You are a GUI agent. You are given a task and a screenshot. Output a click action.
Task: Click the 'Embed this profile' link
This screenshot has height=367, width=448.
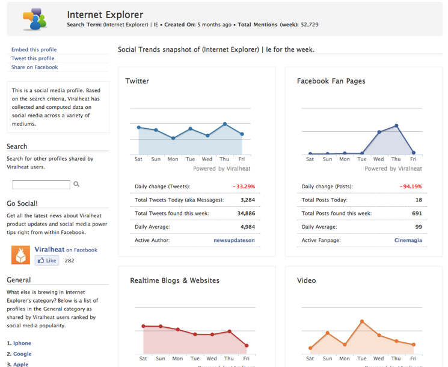coord(34,49)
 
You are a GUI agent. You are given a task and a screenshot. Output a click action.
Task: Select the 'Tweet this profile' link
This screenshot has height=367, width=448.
coord(33,58)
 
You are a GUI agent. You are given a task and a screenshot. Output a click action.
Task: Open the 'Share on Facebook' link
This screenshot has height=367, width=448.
coord(34,67)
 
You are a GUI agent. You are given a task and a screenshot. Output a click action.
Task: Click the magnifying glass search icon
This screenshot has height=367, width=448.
coord(76,184)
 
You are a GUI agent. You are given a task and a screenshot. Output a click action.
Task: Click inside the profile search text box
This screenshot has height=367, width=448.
coord(41,185)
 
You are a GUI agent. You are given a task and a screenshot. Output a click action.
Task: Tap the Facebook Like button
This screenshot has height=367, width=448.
coord(47,261)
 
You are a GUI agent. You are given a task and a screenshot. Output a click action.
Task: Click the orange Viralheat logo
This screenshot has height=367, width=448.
coord(20,255)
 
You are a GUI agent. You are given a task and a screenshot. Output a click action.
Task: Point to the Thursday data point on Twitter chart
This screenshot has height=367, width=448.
coord(225,124)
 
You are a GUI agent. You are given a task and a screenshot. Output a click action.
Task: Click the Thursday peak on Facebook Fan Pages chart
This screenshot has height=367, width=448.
coord(396,126)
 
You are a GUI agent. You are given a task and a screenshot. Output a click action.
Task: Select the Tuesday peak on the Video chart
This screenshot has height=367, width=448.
coord(362,321)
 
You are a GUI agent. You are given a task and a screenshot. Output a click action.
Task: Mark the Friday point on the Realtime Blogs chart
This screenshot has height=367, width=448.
coord(247,345)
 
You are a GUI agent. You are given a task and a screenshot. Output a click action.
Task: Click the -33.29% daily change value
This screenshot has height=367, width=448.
coord(244,187)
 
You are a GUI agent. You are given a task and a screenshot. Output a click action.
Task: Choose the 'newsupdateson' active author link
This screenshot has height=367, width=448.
coord(235,240)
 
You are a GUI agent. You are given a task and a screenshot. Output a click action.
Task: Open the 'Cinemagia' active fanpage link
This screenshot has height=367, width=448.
coord(408,240)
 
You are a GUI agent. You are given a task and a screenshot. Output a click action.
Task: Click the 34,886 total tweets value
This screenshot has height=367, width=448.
coord(246,213)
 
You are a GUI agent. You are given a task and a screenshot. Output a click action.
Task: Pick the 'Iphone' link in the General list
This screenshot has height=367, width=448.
coord(22,343)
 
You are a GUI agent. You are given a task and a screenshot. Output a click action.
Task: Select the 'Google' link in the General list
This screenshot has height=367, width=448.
coord(22,354)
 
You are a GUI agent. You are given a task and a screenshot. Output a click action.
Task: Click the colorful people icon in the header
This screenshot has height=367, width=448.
coord(35,19)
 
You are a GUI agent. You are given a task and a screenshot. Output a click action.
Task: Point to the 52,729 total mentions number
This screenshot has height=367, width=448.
coord(310,25)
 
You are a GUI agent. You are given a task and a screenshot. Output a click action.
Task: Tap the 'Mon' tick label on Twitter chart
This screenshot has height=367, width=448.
coord(173,159)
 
